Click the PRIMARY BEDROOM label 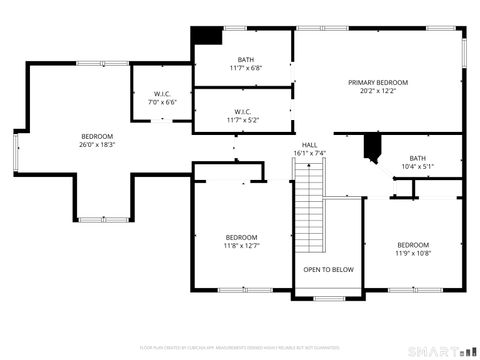pos(378,82)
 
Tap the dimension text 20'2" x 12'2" pos(378,91)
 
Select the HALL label pos(310,144)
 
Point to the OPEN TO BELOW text pos(328,269)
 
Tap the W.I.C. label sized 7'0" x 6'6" pos(162,93)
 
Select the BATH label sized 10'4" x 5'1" pos(417,158)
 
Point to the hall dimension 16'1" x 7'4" pos(310,153)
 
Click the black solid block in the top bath pos(207,35)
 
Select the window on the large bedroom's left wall pos(16,150)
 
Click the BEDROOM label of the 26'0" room pos(97,136)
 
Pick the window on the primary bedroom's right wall pos(464,52)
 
